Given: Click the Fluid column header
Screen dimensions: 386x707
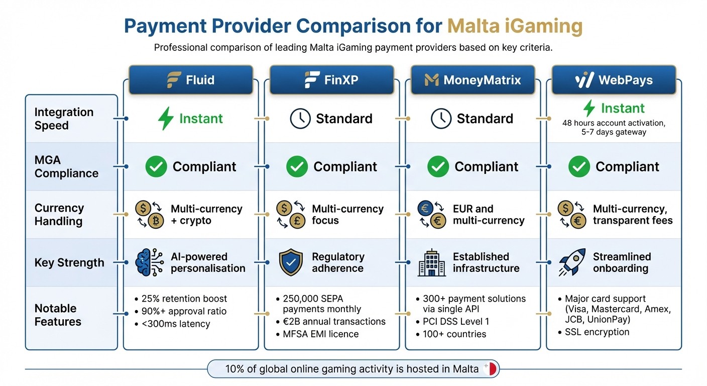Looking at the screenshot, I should point(191,79).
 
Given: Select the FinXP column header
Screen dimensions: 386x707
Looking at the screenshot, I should point(331,79).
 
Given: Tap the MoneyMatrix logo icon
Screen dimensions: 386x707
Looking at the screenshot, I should point(431,79).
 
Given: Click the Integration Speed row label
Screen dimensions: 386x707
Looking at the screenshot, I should point(64,119).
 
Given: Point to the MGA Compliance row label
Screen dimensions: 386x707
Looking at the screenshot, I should point(66,167).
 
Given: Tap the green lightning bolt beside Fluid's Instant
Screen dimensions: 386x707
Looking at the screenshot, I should point(166,119).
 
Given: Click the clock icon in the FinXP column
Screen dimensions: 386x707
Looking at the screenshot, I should point(300,119).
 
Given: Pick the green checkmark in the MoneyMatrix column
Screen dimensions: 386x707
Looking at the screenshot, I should point(438,167).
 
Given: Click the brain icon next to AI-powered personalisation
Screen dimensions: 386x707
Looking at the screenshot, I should point(150,262).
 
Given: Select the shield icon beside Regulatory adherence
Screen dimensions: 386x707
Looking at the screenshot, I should point(291,262).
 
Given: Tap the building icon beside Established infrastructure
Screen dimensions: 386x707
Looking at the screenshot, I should point(431,263).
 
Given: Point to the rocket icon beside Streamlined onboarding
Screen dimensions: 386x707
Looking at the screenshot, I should point(572,262).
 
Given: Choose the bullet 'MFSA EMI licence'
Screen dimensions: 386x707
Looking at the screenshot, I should point(321,334).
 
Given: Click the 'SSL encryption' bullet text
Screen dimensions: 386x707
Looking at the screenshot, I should point(597,332).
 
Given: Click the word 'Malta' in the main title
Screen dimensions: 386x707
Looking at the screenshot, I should point(477,26).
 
